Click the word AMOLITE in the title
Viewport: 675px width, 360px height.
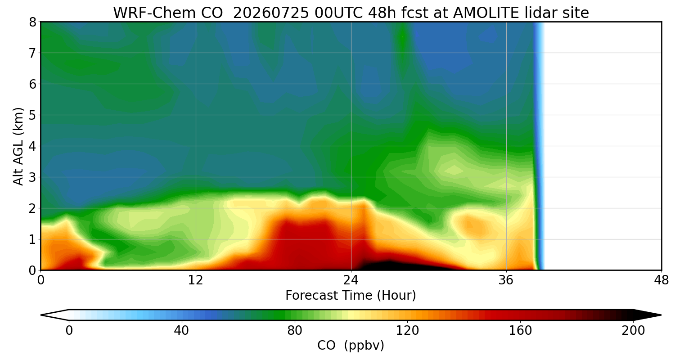(x=486, y=13)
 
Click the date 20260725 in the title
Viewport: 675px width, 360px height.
(x=271, y=13)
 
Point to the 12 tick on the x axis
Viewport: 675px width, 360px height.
(x=196, y=280)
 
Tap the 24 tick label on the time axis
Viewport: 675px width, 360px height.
(x=351, y=280)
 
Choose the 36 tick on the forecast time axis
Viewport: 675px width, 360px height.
(x=506, y=280)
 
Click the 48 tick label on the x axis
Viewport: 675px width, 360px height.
(x=661, y=280)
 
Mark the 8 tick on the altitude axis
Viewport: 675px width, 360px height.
(x=32, y=22)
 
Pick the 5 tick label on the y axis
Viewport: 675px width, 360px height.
(x=32, y=115)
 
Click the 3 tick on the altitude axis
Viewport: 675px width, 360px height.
(x=32, y=177)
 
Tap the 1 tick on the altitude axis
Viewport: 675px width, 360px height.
(x=32, y=239)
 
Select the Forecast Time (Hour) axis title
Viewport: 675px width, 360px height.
(x=351, y=296)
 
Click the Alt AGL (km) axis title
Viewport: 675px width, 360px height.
(x=18, y=146)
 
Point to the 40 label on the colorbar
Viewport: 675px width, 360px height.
(x=181, y=330)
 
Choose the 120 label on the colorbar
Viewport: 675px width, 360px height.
(x=407, y=330)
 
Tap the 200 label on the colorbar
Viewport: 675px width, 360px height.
(x=633, y=330)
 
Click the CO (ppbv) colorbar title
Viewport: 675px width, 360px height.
(x=351, y=345)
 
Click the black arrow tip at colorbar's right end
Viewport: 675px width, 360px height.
(x=661, y=315)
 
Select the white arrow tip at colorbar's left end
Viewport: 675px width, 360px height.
(x=41, y=315)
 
